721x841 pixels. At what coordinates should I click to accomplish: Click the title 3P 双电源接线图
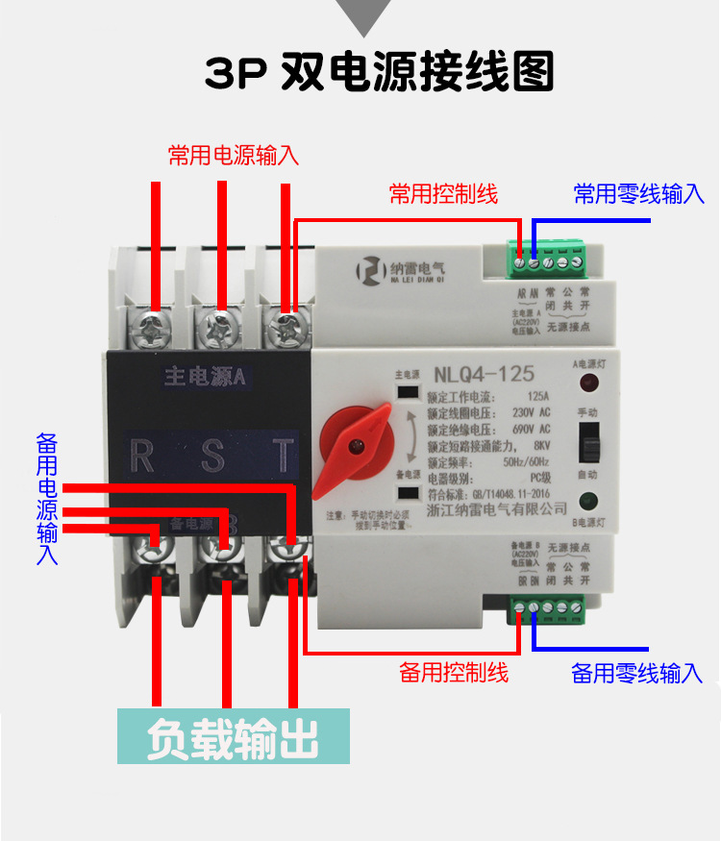pos(380,71)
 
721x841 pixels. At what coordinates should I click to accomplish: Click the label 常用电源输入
pos(234,155)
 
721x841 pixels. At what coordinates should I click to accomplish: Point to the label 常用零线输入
pos(639,194)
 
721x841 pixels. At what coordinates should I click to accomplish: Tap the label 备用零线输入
pos(637,673)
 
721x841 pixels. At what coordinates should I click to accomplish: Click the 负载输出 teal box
pos(233,736)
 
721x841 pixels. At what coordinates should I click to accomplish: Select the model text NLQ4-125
pos(484,373)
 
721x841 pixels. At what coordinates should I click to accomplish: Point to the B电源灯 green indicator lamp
pos(586,500)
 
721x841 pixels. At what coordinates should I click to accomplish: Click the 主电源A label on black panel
pos(205,377)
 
